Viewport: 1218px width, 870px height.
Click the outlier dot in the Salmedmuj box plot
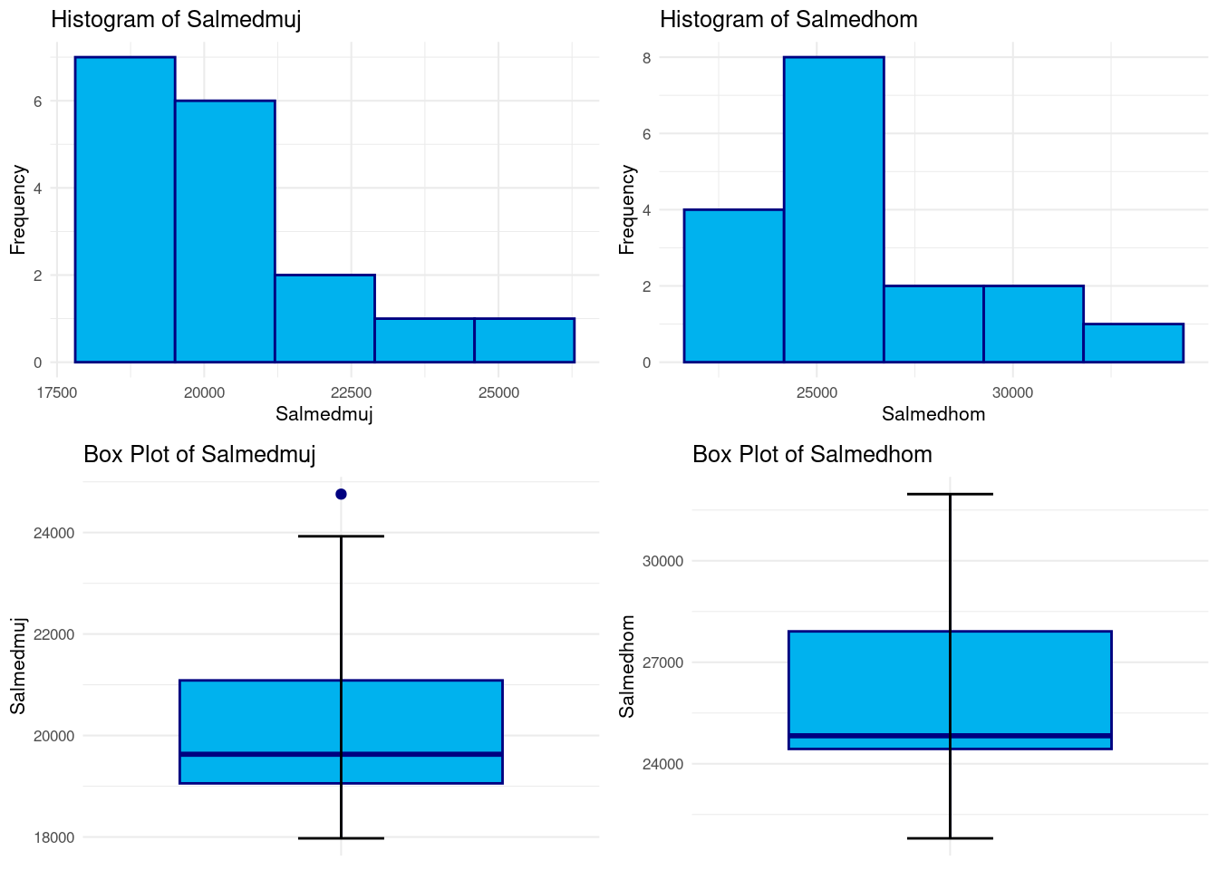click(341, 494)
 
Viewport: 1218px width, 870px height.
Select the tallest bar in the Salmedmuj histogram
click(125, 209)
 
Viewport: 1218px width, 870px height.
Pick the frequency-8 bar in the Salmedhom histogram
click(834, 209)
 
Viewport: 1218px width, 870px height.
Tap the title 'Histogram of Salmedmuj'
click(176, 20)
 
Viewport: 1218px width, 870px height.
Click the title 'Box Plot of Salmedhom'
click(812, 454)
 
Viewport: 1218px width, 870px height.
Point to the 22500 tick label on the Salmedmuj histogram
click(351, 392)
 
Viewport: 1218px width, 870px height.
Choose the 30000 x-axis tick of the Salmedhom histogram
click(1012, 392)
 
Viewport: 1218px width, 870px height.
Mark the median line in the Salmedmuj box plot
click(341, 754)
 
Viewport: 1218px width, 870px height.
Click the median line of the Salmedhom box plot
click(950, 736)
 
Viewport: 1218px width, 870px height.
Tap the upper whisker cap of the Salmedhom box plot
click(950, 494)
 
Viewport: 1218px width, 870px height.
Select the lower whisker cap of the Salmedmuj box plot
click(341, 838)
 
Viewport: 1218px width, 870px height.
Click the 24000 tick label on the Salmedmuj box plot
click(53, 533)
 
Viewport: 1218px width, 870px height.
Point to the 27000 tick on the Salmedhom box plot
click(662, 662)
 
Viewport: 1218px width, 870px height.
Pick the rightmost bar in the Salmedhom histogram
click(1133, 343)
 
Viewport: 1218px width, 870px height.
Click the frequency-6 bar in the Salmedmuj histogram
click(225, 231)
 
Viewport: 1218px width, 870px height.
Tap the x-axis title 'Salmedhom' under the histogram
click(933, 414)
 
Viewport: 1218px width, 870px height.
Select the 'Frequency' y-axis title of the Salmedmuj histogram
click(18, 209)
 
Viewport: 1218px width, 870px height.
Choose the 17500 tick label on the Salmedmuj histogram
click(56, 392)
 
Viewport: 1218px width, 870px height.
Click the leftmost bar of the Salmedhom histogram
click(734, 285)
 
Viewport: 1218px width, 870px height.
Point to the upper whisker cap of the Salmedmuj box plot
click(341, 536)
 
